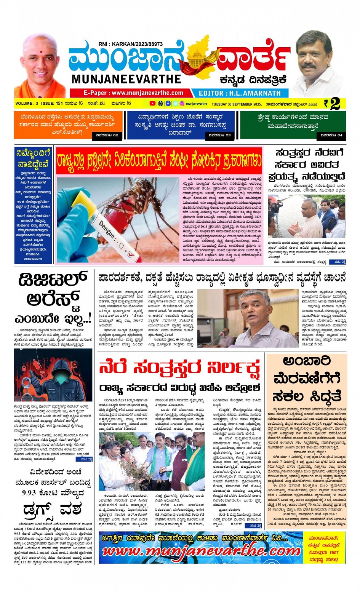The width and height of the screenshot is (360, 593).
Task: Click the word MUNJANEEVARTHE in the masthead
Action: [126, 79]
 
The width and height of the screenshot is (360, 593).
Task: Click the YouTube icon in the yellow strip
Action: [152, 104]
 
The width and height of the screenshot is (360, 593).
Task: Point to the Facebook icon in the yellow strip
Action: [168, 104]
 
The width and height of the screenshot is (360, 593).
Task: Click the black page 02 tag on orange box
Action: [107, 135]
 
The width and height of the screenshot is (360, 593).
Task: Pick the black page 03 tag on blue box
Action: [219, 135]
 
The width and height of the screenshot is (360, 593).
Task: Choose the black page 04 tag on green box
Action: [331, 135]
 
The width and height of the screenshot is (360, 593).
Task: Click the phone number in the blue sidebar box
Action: [33, 259]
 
